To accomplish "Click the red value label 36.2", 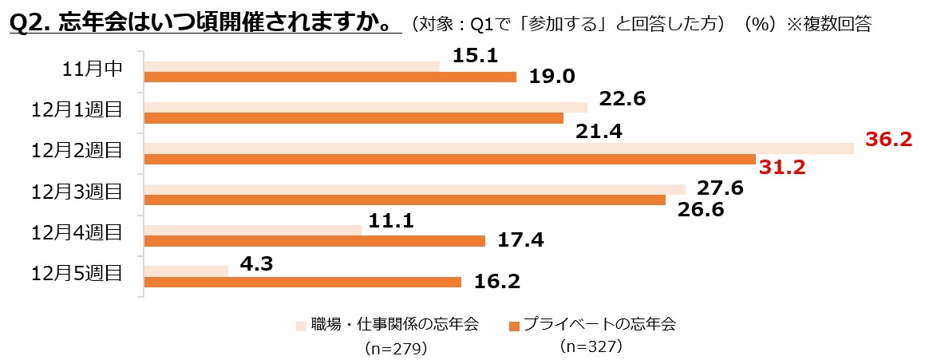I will [889, 140].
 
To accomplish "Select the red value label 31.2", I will [783, 168].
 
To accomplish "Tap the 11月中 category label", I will [92, 69].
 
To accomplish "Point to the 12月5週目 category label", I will [77, 273].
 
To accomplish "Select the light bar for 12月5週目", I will [186, 271].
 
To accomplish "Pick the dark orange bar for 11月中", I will [330, 77].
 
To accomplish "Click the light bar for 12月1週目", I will [366, 107].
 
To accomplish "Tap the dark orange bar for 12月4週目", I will [314, 241].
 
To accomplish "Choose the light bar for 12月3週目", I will [414, 189].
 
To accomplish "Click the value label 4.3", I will [252, 263].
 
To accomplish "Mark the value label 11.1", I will [391, 221].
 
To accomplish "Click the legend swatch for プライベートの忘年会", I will [515, 326].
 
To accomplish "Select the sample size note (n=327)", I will [591, 346].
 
